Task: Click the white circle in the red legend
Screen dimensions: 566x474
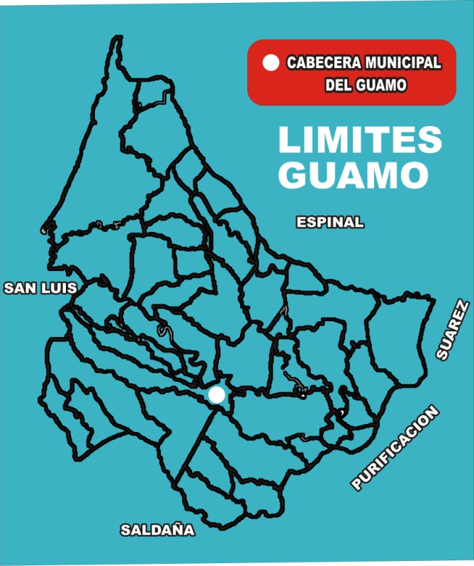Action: click(x=270, y=63)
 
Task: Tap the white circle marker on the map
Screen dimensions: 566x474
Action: click(x=217, y=396)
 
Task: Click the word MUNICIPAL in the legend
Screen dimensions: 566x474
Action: click(x=405, y=63)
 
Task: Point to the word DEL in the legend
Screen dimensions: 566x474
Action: click(x=338, y=86)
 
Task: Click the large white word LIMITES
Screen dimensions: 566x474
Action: click(x=360, y=140)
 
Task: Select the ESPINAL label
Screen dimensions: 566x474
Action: click(x=329, y=222)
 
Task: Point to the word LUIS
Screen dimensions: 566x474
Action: click(x=58, y=288)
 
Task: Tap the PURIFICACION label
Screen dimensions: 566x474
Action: click(x=395, y=448)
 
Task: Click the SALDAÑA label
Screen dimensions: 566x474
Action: click(x=157, y=530)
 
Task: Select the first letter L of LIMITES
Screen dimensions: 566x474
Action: click(x=288, y=140)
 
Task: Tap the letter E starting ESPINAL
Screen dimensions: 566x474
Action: click(x=300, y=222)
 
